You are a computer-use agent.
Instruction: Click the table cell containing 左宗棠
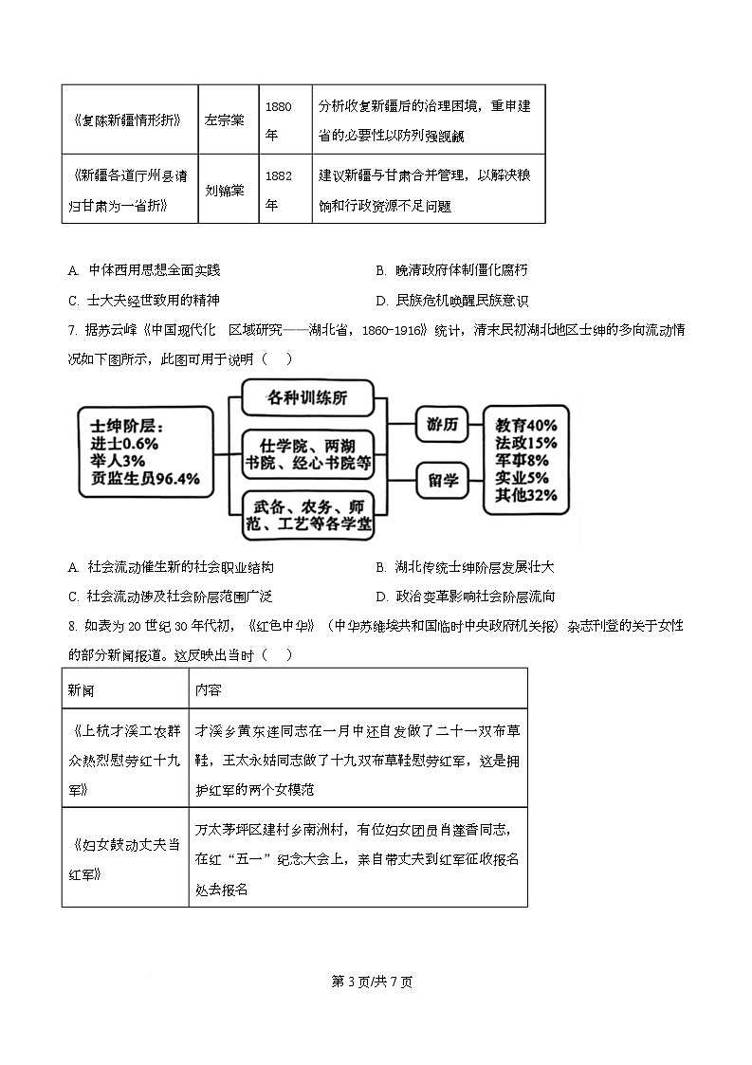pos(225,120)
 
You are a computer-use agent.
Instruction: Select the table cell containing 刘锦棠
pos(225,189)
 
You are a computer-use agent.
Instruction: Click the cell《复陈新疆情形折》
pos(129,120)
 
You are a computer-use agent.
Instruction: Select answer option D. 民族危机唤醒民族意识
pos(451,301)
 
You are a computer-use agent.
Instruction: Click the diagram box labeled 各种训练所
pos(307,397)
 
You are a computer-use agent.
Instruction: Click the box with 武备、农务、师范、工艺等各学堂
pos(307,516)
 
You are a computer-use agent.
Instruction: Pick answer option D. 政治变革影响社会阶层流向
pos(465,597)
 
